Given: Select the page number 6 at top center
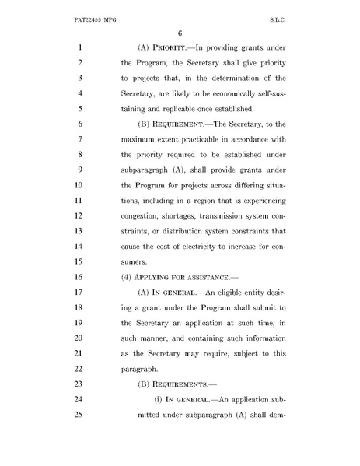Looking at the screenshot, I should [x=179, y=33].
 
